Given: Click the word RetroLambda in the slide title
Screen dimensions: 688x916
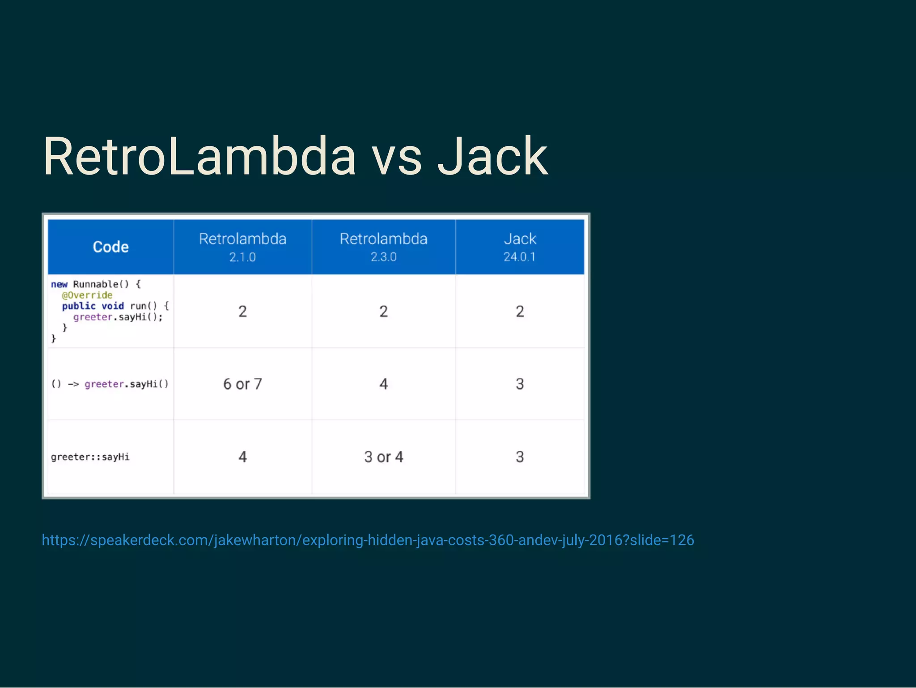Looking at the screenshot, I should (199, 157).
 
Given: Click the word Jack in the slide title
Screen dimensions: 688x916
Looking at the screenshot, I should (492, 157).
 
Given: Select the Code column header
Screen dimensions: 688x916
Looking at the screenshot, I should (110, 247).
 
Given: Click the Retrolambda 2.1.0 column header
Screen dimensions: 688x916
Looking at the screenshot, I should (242, 247).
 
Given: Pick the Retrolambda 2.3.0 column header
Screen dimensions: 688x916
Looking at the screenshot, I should (383, 247).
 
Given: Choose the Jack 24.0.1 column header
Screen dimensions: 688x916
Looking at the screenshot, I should (519, 247).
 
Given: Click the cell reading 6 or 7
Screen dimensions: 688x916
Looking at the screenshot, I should (242, 384).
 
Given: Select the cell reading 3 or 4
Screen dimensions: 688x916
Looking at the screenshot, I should (383, 457).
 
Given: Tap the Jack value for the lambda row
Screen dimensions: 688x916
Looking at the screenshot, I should (519, 384).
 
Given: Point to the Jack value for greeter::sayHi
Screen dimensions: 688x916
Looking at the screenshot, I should (519, 457).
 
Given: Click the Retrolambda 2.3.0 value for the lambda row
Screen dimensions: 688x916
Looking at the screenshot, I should (383, 384).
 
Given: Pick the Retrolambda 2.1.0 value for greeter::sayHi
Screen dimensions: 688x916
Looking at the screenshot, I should (242, 457).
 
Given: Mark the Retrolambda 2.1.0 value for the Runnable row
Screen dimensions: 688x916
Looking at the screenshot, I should (242, 312).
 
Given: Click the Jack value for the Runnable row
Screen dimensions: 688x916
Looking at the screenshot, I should (519, 312).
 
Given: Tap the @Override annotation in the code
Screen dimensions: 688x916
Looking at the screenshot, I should (87, 295).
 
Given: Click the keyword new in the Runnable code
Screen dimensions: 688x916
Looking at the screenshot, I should (59, 285).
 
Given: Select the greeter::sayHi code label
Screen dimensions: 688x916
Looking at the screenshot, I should (90, 457).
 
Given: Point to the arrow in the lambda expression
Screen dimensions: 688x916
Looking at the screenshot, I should (73, 384).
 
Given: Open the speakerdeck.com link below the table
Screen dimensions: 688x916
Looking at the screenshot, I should (368, 540).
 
